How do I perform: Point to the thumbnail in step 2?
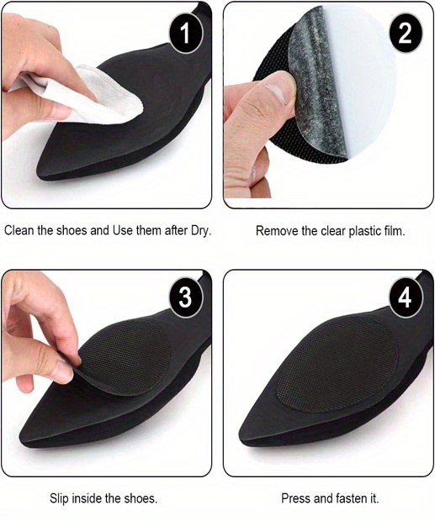click(x=275, y=85)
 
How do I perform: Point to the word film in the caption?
click(x=392, y=229)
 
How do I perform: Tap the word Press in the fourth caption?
click(x=292, y=498)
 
